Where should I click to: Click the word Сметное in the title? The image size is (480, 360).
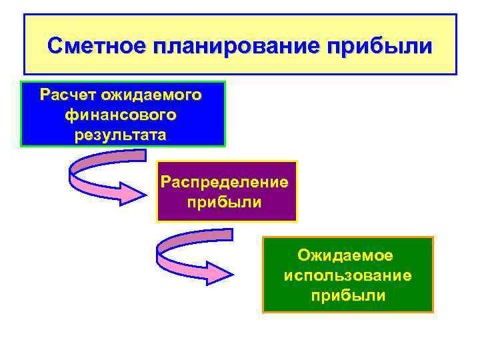tap(97, 46)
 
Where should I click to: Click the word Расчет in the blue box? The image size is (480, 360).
tap(66, 95)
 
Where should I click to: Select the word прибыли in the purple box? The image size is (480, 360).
tap(225, 201)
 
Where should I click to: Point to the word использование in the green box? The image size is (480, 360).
tap(347, 275)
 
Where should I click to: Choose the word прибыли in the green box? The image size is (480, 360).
tap(347, 295)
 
